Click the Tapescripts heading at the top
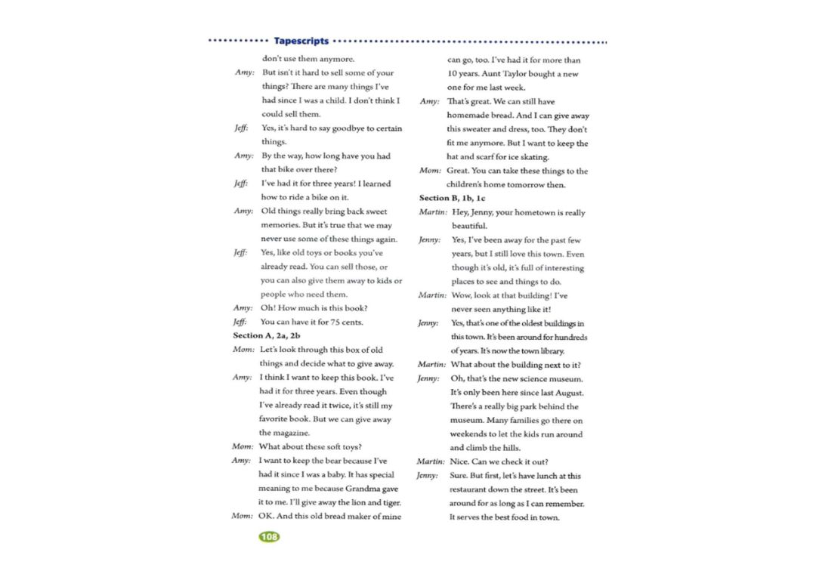point(301,41)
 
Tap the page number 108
point(268,537)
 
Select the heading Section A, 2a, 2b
point(267,335)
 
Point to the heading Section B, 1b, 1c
point(453,198)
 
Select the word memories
point(280,226)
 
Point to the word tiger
point(388,502)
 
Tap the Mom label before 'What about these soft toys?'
point(242,446)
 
